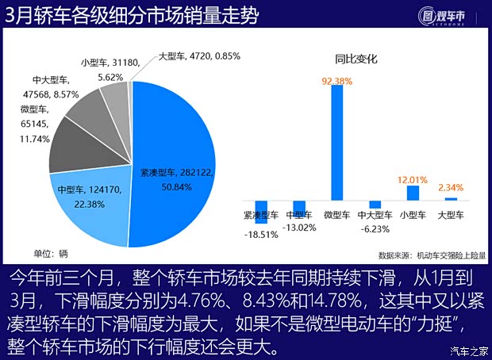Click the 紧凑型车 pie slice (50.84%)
(179, 159)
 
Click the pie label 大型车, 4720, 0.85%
(199, 56)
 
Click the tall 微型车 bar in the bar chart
(336, 143)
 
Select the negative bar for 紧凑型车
(260, 212)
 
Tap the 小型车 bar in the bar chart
(413, 193)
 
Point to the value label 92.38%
(336, 80)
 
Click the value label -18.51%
(260, 235)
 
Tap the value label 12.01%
(413, 180)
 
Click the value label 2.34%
(451, 188)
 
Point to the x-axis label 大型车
(451, 214)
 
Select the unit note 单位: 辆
(51, 254)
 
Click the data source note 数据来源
(432, 255)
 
